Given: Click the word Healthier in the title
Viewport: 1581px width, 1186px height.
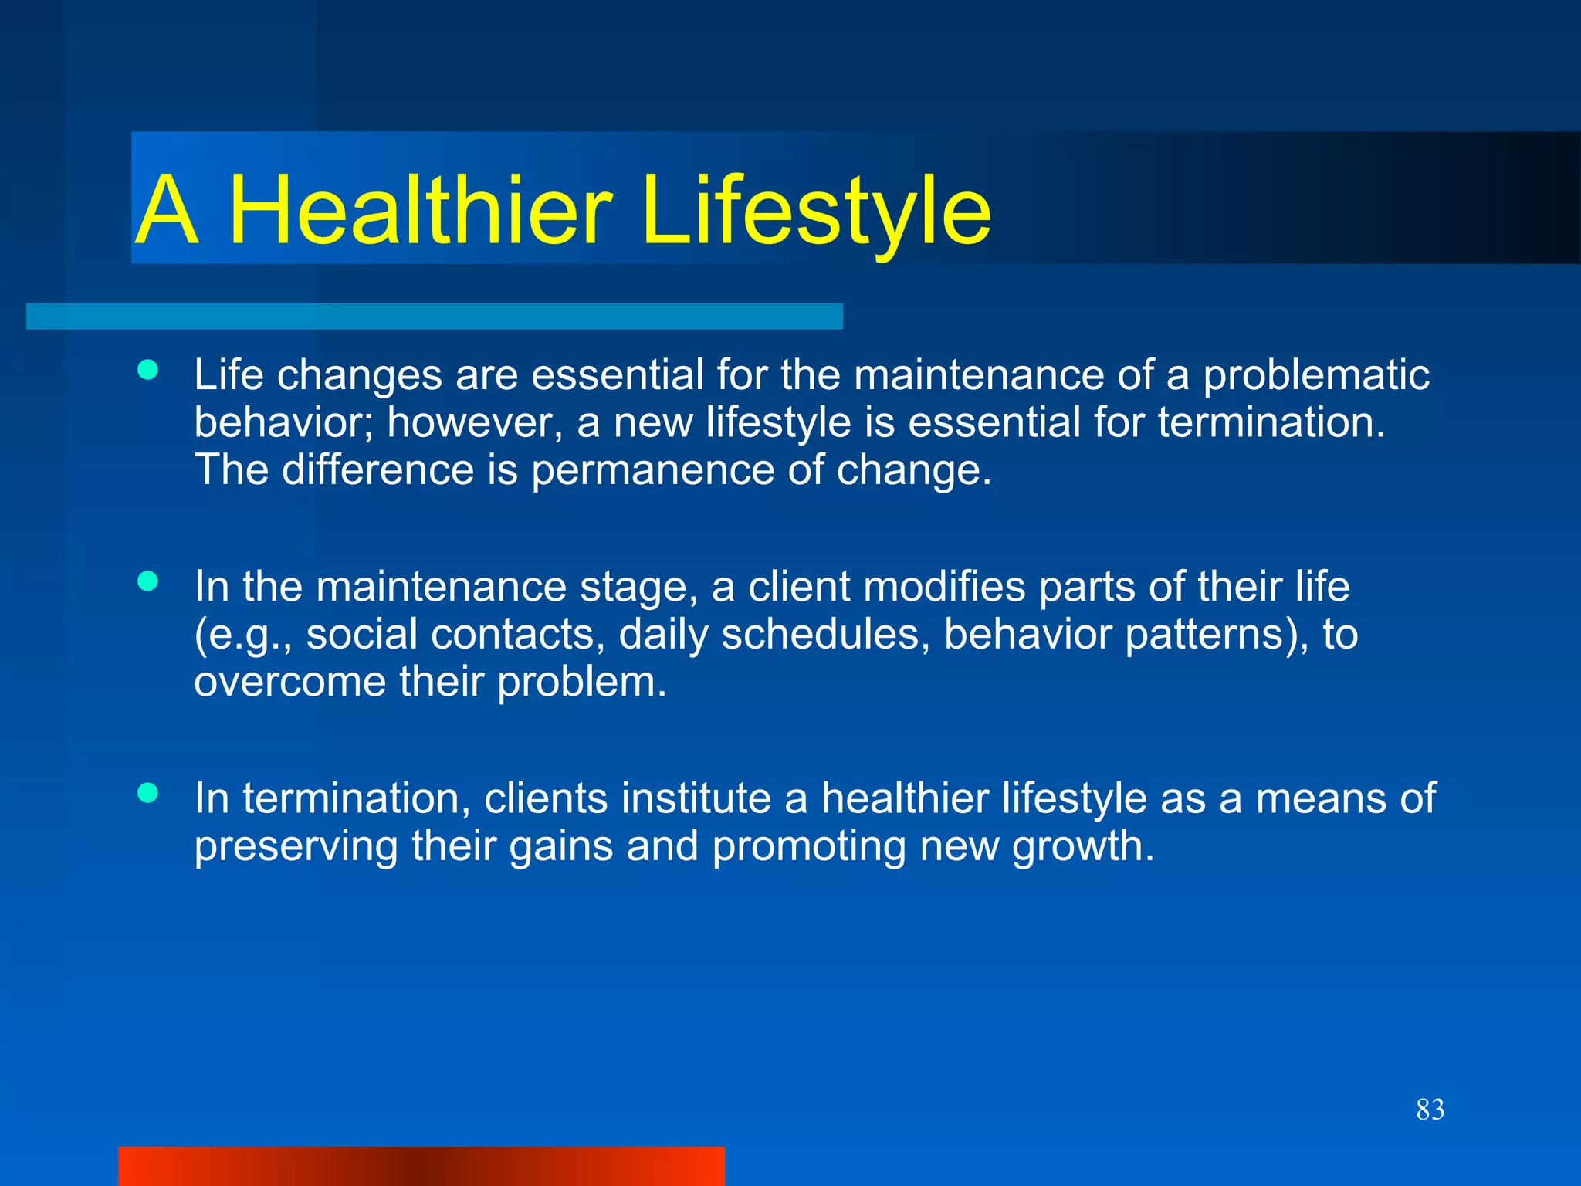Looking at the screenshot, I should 421,210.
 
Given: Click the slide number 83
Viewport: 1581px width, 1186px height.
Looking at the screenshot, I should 1430,1110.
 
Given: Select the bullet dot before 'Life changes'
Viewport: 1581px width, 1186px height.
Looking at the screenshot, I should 147,371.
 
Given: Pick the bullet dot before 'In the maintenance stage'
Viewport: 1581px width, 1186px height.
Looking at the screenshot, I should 147,581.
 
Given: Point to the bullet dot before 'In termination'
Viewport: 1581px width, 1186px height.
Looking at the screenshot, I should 147,792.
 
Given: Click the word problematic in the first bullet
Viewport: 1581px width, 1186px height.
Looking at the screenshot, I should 1315,376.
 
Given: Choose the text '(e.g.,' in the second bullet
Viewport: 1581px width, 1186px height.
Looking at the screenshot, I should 242,635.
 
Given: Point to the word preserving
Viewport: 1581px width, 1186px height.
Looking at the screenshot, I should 296,846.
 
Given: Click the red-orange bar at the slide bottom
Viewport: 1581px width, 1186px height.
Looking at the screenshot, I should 421,1166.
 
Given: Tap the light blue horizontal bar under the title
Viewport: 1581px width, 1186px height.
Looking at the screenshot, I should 434,317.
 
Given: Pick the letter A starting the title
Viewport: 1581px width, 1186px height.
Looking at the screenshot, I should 167,210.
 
